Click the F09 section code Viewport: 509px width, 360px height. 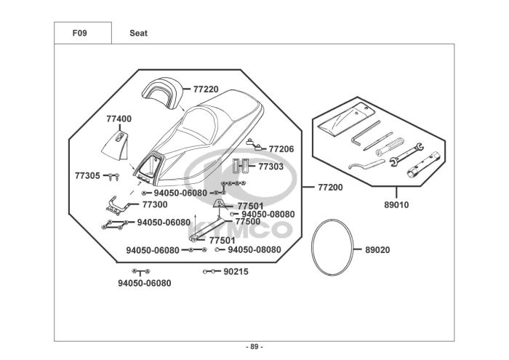(79, 33)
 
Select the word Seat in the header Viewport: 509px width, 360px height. (139, 33)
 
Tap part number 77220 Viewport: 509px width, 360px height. (206, 89)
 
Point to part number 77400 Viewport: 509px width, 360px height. (119, 119)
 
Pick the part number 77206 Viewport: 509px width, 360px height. (281, 149)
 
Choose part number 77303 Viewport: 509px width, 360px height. (271, 167)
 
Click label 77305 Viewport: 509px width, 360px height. (88, 176)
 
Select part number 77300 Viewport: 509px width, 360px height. (155, 204)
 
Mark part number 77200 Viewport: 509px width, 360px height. (330, 188)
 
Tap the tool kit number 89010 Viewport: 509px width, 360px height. (397, 205)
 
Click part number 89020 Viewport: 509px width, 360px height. (378, 250)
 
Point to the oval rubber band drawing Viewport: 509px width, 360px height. (312, 247)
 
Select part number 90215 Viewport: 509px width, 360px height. (236, 272)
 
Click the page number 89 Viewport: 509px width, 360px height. (254, 347)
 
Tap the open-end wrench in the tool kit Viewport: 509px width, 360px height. (406, 154)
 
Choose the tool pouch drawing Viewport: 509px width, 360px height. (346, 119)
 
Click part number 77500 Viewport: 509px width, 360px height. (248, 222)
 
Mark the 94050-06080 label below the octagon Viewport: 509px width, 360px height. (145, 284)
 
